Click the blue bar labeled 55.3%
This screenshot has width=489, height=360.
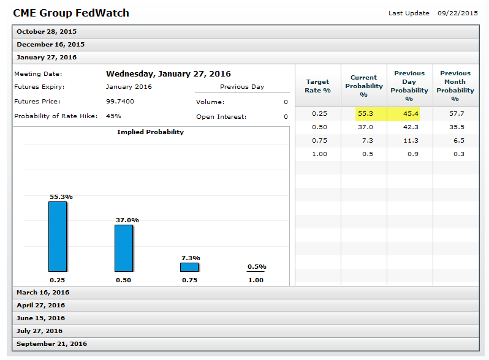point(58,236)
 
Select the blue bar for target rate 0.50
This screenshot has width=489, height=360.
point(123,248)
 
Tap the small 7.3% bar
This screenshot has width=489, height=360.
point(189,268)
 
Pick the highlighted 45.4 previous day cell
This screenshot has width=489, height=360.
point(409,114)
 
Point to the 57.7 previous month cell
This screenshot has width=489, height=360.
point(455,114)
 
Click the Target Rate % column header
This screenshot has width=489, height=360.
point(317,86)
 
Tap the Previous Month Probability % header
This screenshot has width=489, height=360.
point(455,86)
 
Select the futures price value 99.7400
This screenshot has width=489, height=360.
point(119,101)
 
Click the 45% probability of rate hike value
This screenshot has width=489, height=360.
point(113,116)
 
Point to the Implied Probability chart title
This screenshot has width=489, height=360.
point(150,132)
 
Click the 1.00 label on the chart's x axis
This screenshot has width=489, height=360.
point(256,280)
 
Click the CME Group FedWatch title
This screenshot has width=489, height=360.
point(71,13)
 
